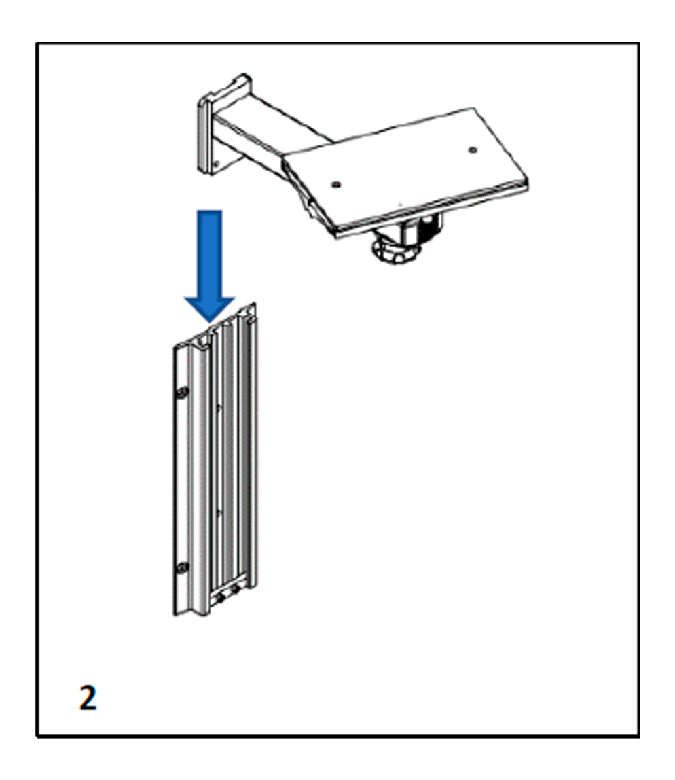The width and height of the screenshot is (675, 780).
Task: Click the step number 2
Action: click(88, 698)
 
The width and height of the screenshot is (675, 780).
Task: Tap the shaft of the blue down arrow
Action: click(209, 253)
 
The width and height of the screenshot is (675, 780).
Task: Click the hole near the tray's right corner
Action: click(473, 149)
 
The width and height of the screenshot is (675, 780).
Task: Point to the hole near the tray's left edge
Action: click(336, 185)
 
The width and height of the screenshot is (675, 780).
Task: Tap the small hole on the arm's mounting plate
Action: click(216, 162)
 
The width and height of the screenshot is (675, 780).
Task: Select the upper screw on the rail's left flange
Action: click(183, 392)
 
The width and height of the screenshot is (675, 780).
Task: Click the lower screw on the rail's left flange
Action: click(183, 567)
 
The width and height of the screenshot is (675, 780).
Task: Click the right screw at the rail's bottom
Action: click(236, 590)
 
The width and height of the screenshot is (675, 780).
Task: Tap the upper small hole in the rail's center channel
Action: click(219, 407)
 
